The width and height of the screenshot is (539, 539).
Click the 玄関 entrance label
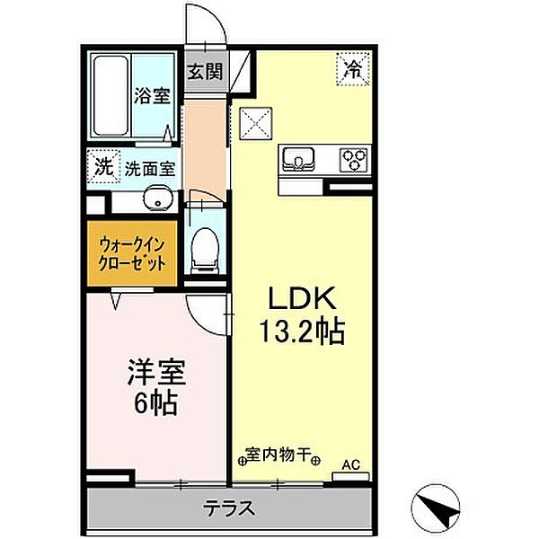click(205, 72)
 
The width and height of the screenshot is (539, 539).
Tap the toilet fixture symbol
click(205, 251)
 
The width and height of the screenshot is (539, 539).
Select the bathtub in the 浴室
click(110, 96)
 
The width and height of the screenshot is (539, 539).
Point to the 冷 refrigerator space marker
click(354, 69)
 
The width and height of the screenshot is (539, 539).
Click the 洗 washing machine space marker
click(103, 167)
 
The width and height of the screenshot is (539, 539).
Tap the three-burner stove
click(354, 160)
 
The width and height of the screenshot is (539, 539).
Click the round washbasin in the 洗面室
click(158, 198)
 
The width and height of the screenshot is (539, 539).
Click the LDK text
click(302, 298)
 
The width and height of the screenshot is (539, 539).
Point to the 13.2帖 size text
click(302, 331)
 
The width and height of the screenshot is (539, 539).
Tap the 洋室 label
click(156, 373)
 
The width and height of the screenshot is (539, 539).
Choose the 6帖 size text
click(155, 402)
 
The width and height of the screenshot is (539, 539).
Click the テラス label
click(228, 508)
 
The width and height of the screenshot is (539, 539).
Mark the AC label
click(351, 465)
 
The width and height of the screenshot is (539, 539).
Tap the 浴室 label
click(152, 95)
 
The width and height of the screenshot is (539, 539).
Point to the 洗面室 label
click(150, 169)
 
